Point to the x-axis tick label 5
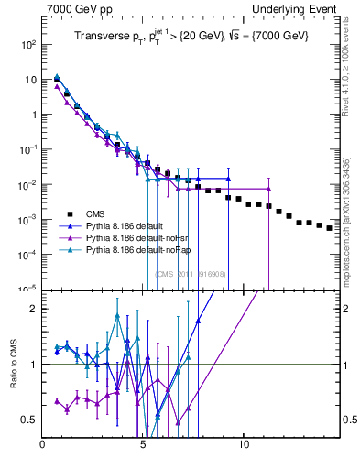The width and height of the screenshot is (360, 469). pyautogui.click(x=143, y=449)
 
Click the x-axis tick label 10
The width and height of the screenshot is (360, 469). pyautogui.click(x=243, y=449)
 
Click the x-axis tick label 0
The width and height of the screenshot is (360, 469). pyautogui.click(x=43, y=449)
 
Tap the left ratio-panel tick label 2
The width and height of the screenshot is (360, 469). pyautogui.click(x=33, y=309)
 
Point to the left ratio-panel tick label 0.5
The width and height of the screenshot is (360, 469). pyautogui.click(x=29, y=420)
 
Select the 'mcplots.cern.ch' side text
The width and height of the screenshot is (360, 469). pyautogui.click(x=351, y=220)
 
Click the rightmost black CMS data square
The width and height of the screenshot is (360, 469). pyautogui.click(x=330, y=228)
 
